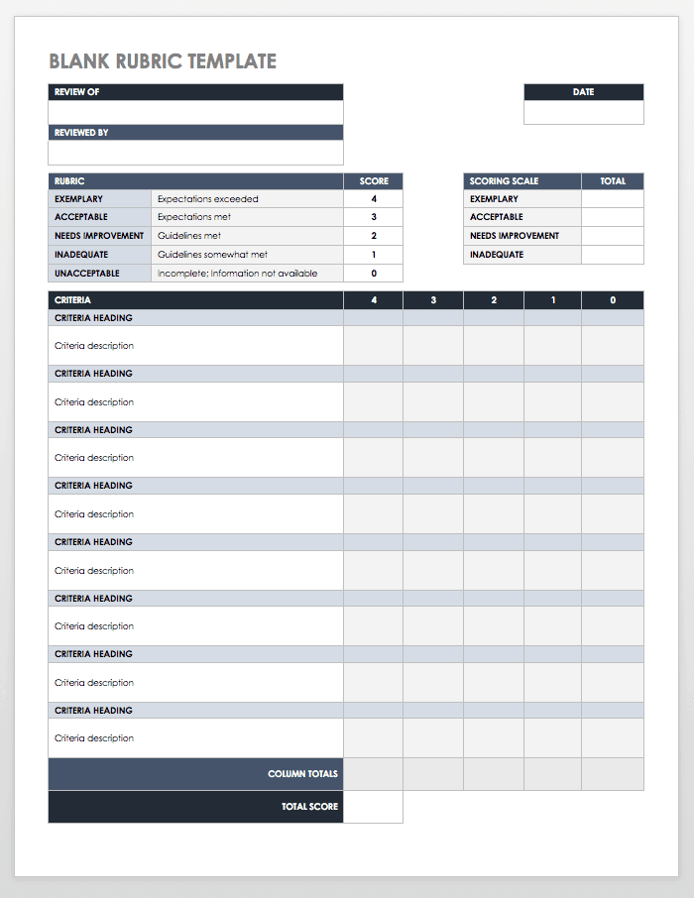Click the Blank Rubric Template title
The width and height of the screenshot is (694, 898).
click(163, 61)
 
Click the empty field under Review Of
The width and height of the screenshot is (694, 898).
click(195, 113)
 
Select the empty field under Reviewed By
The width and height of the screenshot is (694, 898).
click(195, 153)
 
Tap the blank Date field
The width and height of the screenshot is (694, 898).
click(583, 113)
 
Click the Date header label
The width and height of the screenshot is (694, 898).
click(583, 92)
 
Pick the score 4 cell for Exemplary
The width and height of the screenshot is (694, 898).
click(374, 199)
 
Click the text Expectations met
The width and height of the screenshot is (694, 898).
click(194, 217)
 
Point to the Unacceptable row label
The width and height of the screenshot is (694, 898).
click(87, 274)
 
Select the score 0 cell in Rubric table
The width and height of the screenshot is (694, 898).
click(374, 274)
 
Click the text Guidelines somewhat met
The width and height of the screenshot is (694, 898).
click(212, 255)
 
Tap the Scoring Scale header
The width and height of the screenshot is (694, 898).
click(504, 181)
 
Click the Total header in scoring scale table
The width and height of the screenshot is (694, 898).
click(613, 181)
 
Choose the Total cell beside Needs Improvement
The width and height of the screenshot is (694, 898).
click(613, 236)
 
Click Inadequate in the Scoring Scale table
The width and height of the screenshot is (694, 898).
click(497, 255)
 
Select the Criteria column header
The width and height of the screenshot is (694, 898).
click(72, 300)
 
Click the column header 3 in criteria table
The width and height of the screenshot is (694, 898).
click(433, 300)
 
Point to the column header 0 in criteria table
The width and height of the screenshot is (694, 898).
click(613, 300)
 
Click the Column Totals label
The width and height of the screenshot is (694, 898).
click(302, 774)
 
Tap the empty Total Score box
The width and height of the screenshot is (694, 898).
click(374, 807)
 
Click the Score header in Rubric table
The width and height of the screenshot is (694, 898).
click(374, 181)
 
